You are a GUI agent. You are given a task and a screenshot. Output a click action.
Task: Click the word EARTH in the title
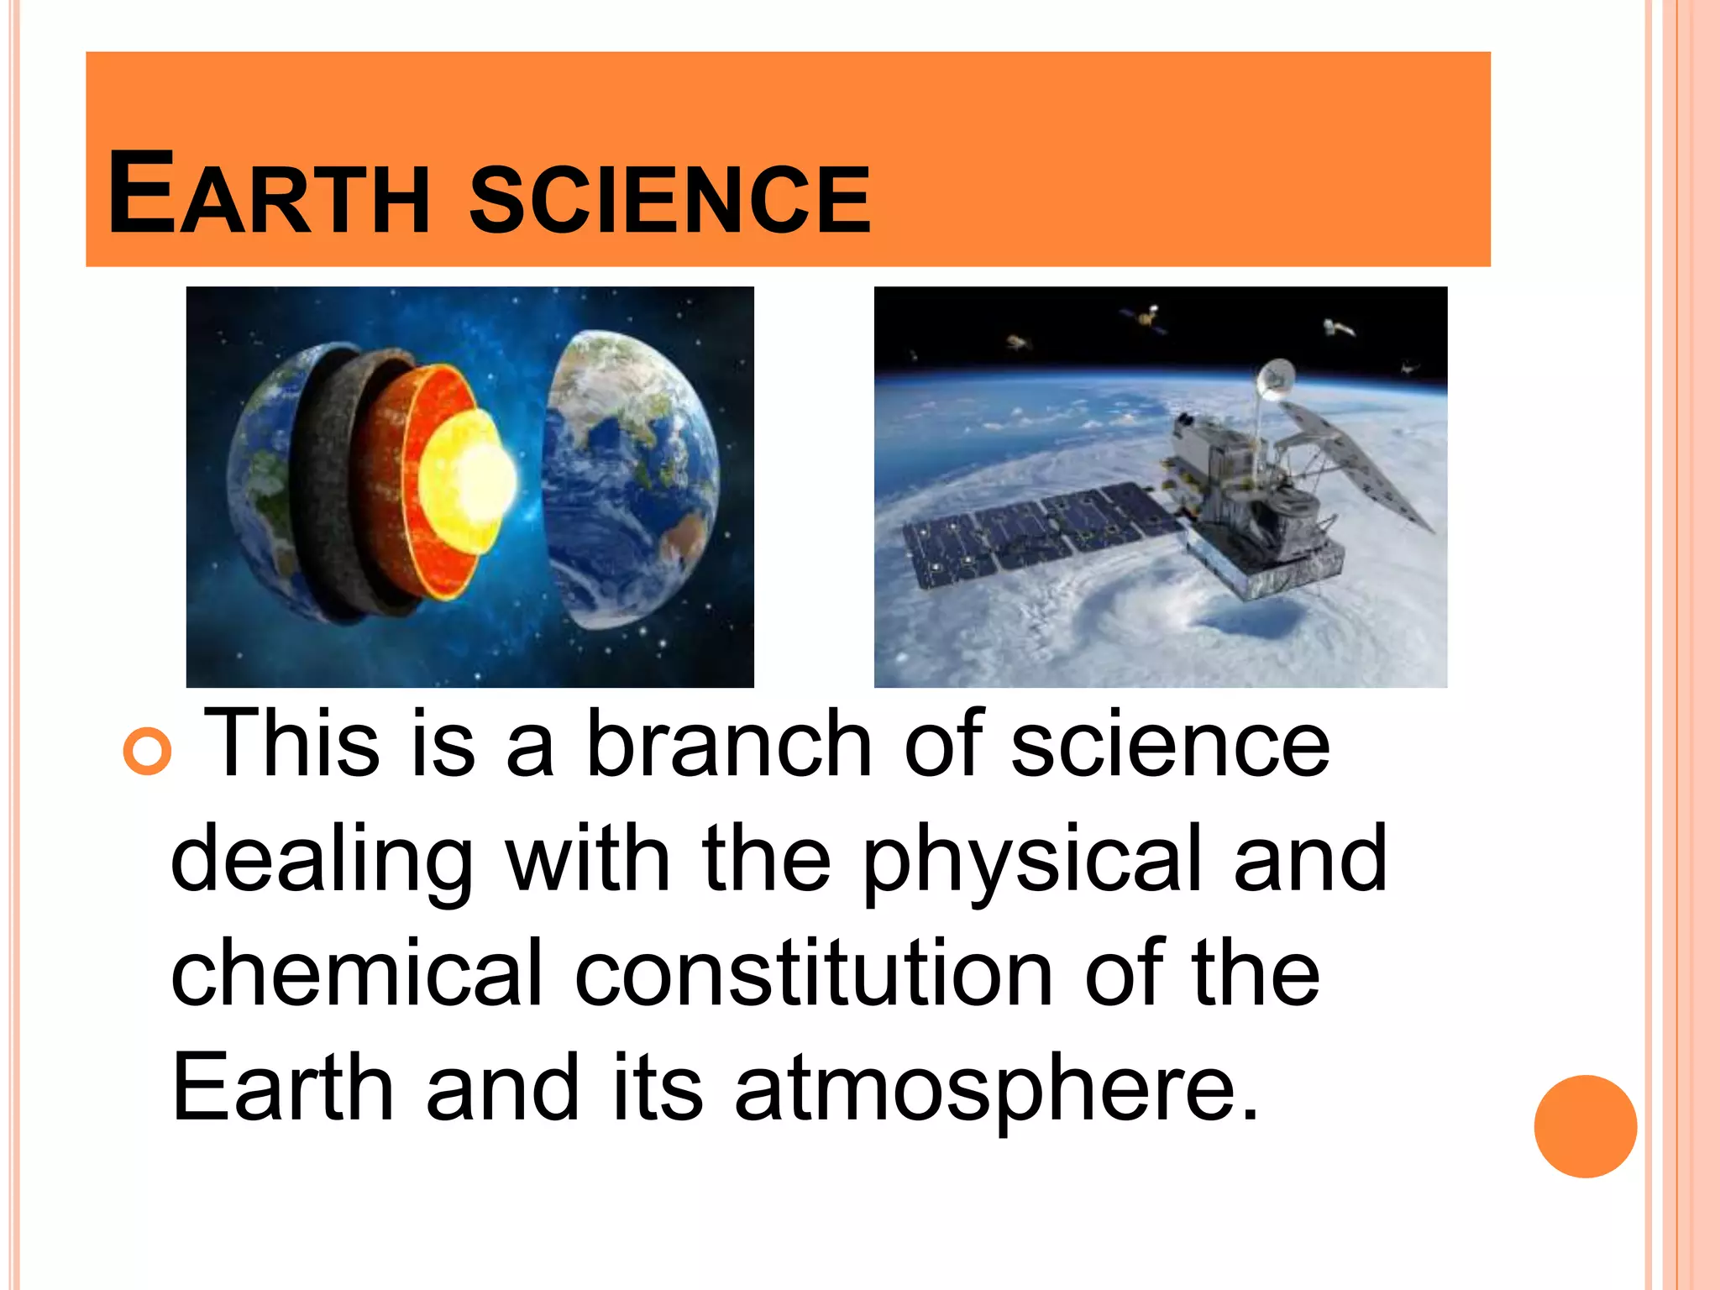point(269,195)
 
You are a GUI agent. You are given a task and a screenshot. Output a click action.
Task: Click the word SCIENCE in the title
point(669,198)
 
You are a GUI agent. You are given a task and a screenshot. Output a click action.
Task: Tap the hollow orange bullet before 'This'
point(147,748)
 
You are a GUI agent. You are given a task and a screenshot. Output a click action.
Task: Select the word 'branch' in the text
point(728,744)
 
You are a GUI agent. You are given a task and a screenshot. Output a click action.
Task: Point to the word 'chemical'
point(357,974)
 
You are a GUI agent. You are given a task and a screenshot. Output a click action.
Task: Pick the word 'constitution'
point(813,974)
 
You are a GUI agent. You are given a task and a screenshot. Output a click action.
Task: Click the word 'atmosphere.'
point(997,1090)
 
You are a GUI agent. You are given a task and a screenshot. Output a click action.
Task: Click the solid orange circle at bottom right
point(1585,1126)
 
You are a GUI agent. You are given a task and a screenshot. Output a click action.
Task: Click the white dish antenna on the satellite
point(1274,377)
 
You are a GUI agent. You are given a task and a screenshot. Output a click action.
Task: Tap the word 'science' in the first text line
point(1170,744)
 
